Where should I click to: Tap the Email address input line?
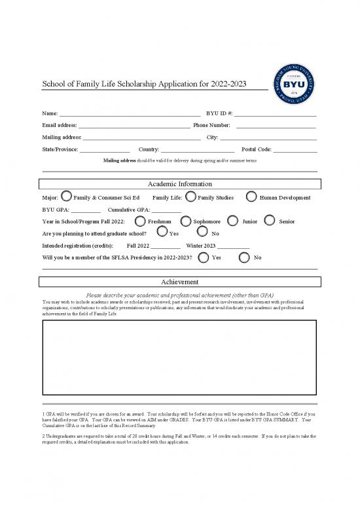click(x=134, y=124)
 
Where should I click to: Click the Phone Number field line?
click(x=276, y=124)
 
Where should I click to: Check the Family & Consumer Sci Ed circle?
click(x=66, y=197)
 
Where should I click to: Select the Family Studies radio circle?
click(x=190, y=197)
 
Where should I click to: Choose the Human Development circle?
click(x=251, y=197)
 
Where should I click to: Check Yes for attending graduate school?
click(x=163, y=233)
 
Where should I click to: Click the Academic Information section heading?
click(x=180, y=184)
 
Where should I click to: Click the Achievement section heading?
click(x=180, y=282)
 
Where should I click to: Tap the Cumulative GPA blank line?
click(x=166, y=210)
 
